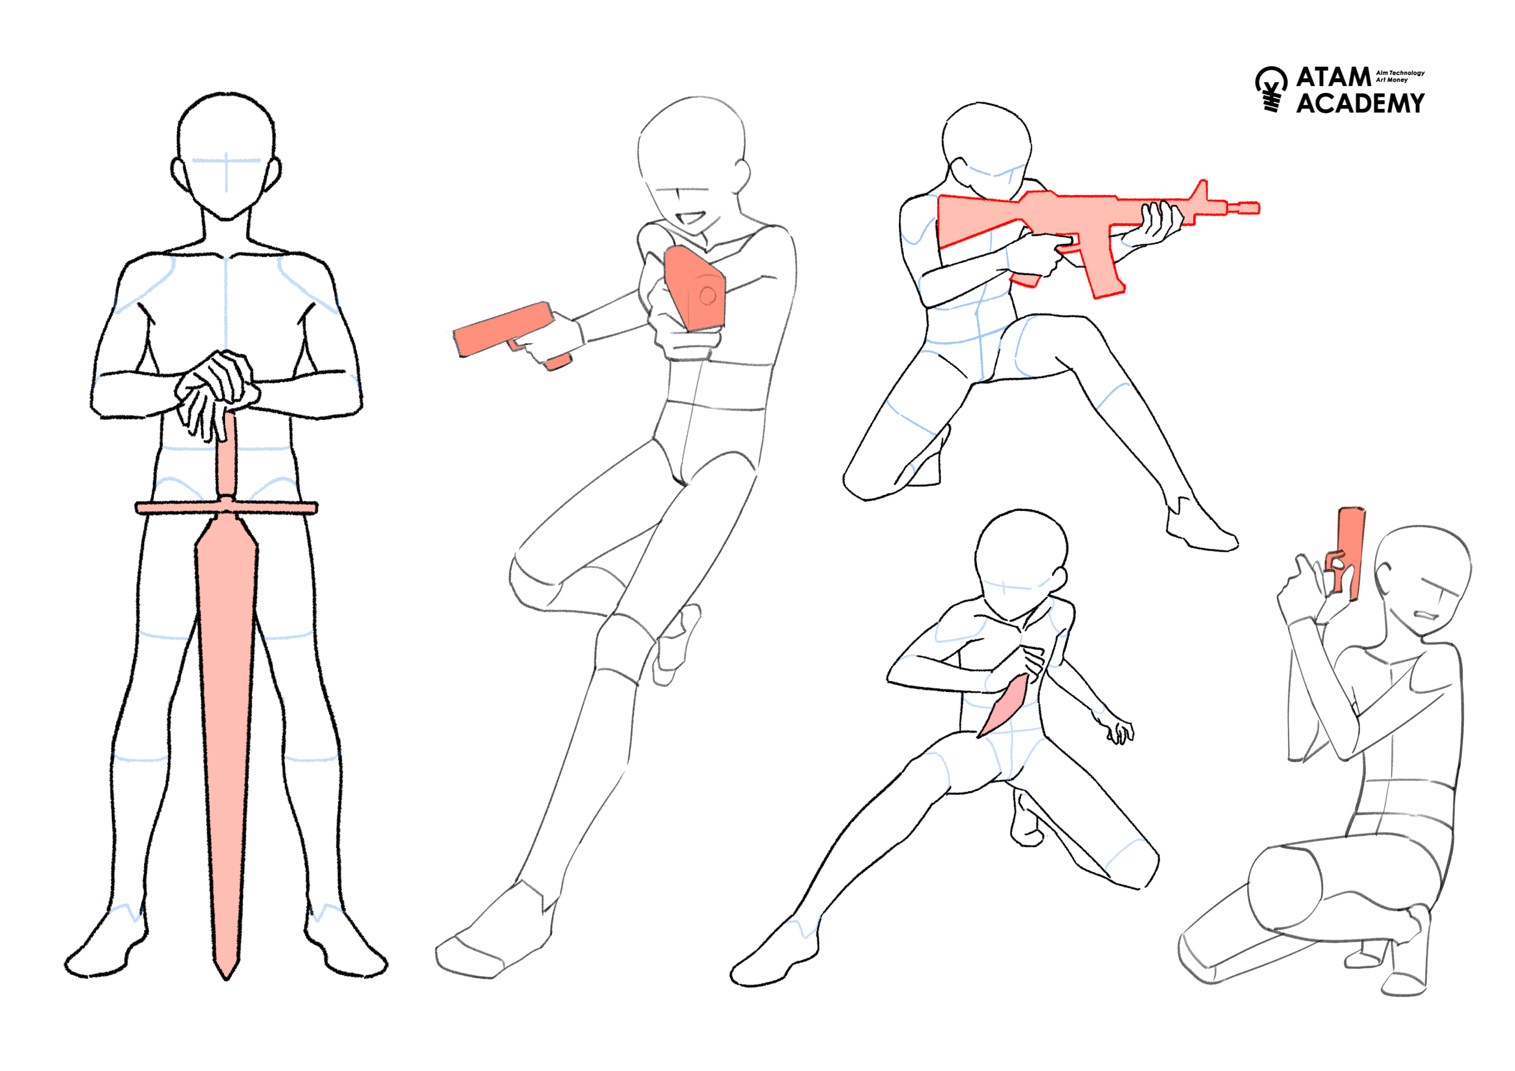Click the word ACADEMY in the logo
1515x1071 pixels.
click(1361, 104)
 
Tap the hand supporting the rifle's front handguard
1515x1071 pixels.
click(1155, 224)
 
